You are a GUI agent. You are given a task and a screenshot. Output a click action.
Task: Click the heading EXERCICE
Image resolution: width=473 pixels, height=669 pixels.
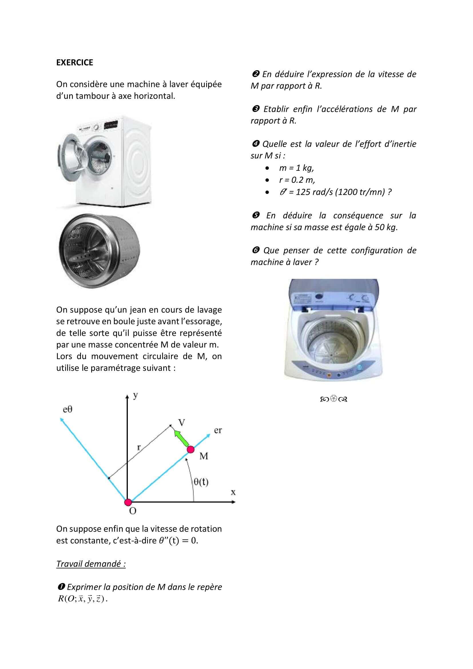click(75, 62)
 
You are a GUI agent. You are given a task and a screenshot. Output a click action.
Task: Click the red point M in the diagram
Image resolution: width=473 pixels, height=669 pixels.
click(190, 449)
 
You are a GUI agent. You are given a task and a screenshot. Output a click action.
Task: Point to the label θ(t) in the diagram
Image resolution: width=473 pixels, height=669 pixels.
click(201, 482)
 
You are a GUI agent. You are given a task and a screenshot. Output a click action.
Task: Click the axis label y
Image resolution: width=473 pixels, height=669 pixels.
click(136, 395)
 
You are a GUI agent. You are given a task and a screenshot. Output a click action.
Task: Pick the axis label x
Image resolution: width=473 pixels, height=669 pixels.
click(233, 492)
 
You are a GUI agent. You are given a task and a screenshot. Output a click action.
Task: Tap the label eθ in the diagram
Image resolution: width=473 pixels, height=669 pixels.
click(67, 409)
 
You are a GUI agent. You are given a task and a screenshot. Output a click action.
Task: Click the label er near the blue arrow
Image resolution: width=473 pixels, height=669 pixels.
click(218, 430)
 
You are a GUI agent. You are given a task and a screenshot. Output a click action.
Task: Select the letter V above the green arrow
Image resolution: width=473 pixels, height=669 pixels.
click(182, 422)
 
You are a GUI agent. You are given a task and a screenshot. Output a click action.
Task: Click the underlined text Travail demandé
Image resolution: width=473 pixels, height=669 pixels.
click(91, 564)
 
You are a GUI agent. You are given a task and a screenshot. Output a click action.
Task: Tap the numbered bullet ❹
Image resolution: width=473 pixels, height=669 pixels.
click(255, 144)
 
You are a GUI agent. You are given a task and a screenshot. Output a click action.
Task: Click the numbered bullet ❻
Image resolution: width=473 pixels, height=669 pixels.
click(255, 250)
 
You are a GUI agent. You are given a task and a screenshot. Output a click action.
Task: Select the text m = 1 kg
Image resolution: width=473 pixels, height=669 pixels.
click(296, 168)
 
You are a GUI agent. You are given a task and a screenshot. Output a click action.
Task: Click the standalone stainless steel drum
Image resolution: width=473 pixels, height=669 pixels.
click(99, 251)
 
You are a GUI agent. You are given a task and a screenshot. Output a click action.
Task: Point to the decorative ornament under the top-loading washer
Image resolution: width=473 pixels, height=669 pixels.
click(333, 399)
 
